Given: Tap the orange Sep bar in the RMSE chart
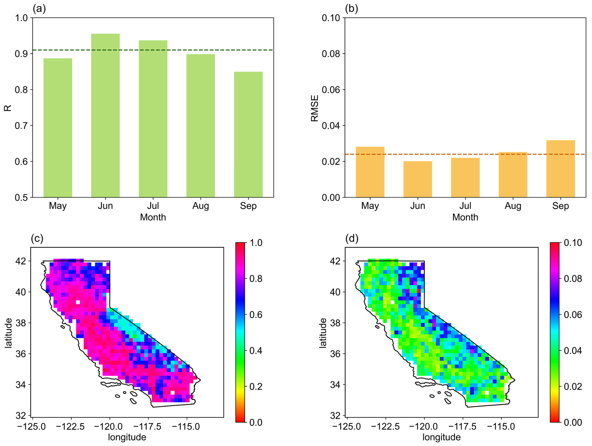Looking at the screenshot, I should [x=560, y=169].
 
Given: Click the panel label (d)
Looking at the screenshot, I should [x=352, y=238].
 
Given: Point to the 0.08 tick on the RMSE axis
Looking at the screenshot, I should [x=331, y=54].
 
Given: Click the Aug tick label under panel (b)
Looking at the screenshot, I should [x=513, y=206].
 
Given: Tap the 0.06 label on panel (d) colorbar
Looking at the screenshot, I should [x=573, y=315].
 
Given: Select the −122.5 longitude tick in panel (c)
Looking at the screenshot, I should [x=71, y=426].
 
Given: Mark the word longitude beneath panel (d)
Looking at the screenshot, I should [x=442, y=437].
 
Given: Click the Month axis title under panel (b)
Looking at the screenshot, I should [x=465, y=217].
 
